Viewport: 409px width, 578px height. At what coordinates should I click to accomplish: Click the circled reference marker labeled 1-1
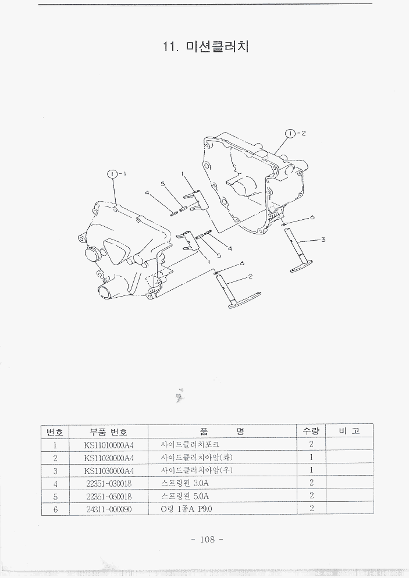click(113, 173)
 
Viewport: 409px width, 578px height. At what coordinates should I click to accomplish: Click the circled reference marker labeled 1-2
click(290, 133)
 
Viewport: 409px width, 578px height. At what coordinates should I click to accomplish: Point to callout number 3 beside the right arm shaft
click(323, 239)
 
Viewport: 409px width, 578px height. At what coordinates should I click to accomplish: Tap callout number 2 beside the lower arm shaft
click(250, 277)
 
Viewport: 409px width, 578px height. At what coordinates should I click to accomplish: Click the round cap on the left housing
click(90, 255)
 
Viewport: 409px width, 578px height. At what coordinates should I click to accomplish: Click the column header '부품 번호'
click(109, 431)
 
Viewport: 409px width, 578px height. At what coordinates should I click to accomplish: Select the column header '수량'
click(311, 431)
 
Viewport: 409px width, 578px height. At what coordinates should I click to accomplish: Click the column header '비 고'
click(348, 431)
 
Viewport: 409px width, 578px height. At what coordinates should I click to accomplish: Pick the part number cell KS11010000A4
click(109, 445)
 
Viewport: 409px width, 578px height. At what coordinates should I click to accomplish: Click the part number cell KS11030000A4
click(109, 470)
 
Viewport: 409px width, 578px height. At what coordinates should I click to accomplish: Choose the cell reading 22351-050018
click(109, 496)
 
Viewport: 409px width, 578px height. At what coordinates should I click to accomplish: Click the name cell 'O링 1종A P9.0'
click(187, 509)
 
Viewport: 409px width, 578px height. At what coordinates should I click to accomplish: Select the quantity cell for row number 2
click(311, 458)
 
